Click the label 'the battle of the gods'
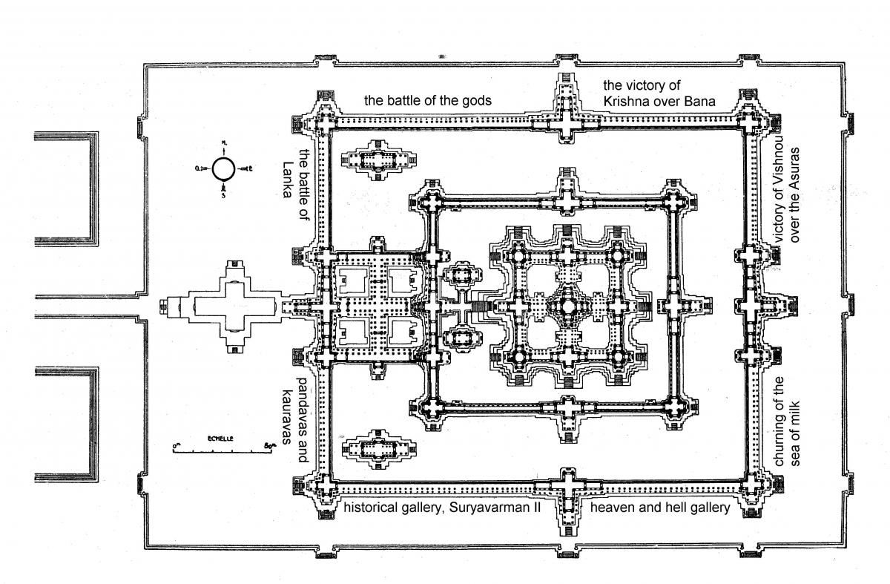coord(427,100)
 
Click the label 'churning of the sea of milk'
coord(786,421)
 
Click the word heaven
coord(612,508)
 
